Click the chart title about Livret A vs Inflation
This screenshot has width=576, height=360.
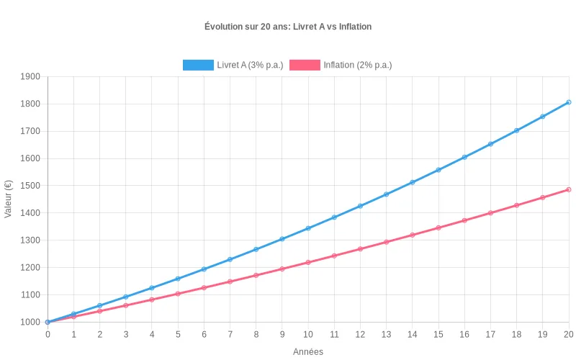pos(288,27)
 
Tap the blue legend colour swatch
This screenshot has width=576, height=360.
pos(199,65)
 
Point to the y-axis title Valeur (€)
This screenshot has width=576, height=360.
pos(9,199)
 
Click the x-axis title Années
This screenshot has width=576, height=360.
pos(308,352)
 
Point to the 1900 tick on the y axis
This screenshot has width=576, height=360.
pos(30,76)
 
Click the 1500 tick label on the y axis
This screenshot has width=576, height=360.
pos(30,186)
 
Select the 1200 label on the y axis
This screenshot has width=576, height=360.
pos(30,268)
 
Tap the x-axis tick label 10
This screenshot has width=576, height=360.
pos(308,335)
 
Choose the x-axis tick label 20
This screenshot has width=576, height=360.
pos(569,335)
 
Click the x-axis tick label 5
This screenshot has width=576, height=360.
pos(178,335)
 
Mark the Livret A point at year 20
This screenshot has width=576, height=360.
pos(569,102)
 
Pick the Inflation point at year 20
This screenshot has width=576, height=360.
pos(569,189)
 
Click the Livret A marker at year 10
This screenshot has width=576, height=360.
pos(308,228)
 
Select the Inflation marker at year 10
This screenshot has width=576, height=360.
pos(308,262)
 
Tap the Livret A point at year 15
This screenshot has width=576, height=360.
pos(438,170)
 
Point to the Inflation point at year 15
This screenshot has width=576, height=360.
pos(438,228)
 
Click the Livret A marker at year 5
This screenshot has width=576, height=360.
pos(178,279)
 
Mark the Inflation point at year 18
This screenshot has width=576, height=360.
pos(517,205)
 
